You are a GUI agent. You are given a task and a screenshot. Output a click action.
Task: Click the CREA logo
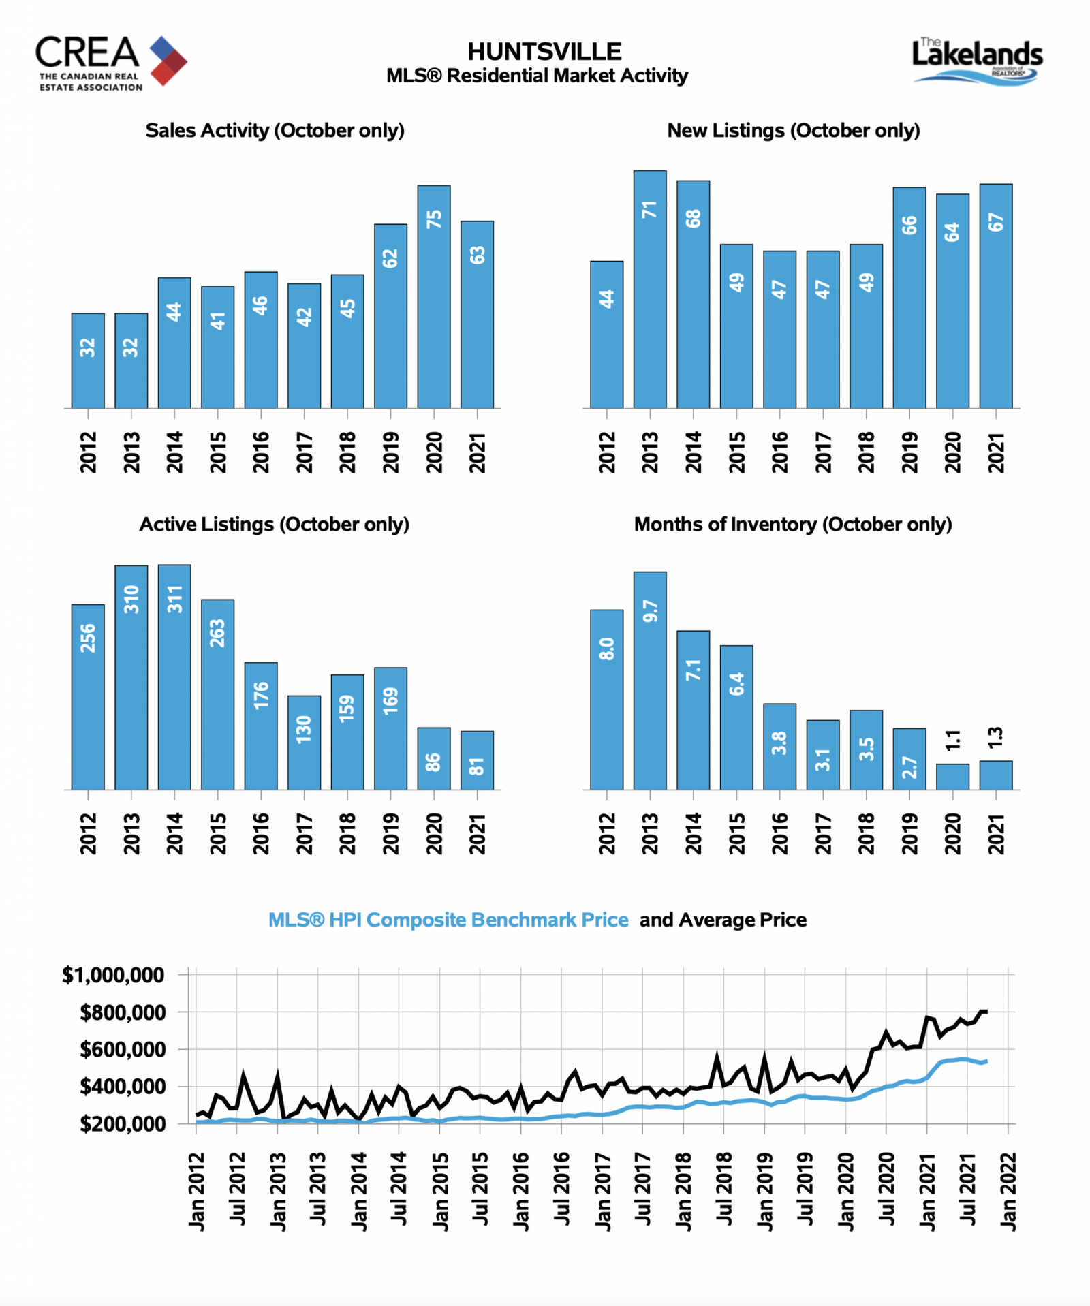[x=111, y=63]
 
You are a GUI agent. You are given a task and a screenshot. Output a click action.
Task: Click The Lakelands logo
[x=978, y=61]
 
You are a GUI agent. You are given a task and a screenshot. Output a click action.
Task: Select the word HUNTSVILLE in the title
[x=544, y=52]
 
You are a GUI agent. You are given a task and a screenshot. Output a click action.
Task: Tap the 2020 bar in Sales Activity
[x=434, y=297]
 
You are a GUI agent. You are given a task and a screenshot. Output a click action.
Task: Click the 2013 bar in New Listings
[x=650, y=290]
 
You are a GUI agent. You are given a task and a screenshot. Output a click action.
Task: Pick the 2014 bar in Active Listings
[x=174, y=677]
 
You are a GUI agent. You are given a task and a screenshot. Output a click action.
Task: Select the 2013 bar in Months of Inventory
[x=650, y=681]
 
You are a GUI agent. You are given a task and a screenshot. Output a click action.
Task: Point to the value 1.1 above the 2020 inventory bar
[x=953, y=739]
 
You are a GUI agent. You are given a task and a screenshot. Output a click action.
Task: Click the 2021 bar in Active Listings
[x=477, y=760]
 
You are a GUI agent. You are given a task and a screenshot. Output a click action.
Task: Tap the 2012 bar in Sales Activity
[x=88, y=361]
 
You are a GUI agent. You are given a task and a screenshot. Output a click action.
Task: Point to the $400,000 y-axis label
[x=123, y=1087]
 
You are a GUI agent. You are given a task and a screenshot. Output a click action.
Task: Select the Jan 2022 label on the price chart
[x=1008, y=1192]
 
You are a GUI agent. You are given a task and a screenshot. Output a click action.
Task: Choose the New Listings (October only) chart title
[x=794, y=130]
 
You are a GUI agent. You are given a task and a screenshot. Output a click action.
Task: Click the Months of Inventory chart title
[x=793, y=524]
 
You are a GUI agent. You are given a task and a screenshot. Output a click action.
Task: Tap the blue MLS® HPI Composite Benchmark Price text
[x=448, y=920]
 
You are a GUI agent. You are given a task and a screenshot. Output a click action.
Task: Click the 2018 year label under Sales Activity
[x=347, y=452]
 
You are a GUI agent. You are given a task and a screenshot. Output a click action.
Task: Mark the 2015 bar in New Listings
[x=736, y=326]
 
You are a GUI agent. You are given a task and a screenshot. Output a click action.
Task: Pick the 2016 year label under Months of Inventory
[x=779, y=833]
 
